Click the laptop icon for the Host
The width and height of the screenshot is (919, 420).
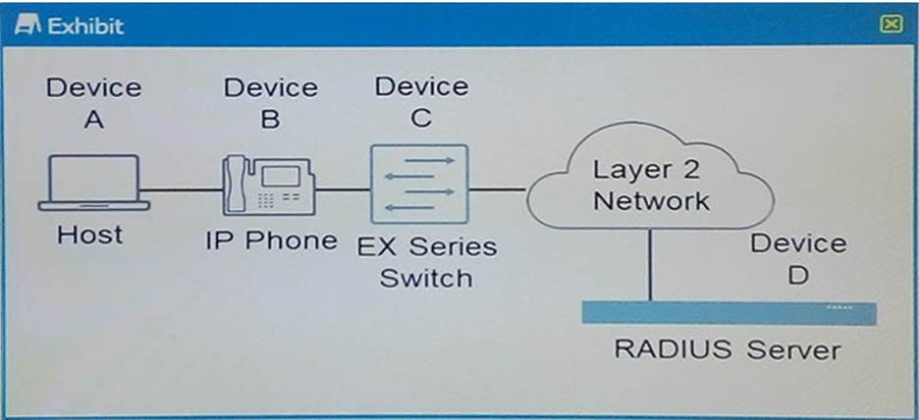[94, 182]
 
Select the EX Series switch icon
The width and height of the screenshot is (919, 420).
[419, 184]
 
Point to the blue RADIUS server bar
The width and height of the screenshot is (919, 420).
[729, 312]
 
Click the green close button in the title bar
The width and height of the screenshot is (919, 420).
[891, 25]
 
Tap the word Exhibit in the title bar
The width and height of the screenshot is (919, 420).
[86, 26]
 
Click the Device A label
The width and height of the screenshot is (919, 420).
[94, 103]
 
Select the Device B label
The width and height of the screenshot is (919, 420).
[270, 102]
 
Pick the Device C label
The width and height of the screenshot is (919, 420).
[421, 102]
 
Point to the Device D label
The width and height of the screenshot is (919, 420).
[797, 259]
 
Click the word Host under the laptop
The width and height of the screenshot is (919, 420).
[90, 236]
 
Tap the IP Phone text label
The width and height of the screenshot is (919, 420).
[271, 240]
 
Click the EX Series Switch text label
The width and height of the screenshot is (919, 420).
[426, 261]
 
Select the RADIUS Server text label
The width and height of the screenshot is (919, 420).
[728, 350]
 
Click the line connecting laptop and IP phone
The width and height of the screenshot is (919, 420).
[182, 190]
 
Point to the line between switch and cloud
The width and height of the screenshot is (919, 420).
[498, 189]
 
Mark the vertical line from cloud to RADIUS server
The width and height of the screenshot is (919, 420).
[650, 265]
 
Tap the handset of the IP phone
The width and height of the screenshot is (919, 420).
[236, 184]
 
